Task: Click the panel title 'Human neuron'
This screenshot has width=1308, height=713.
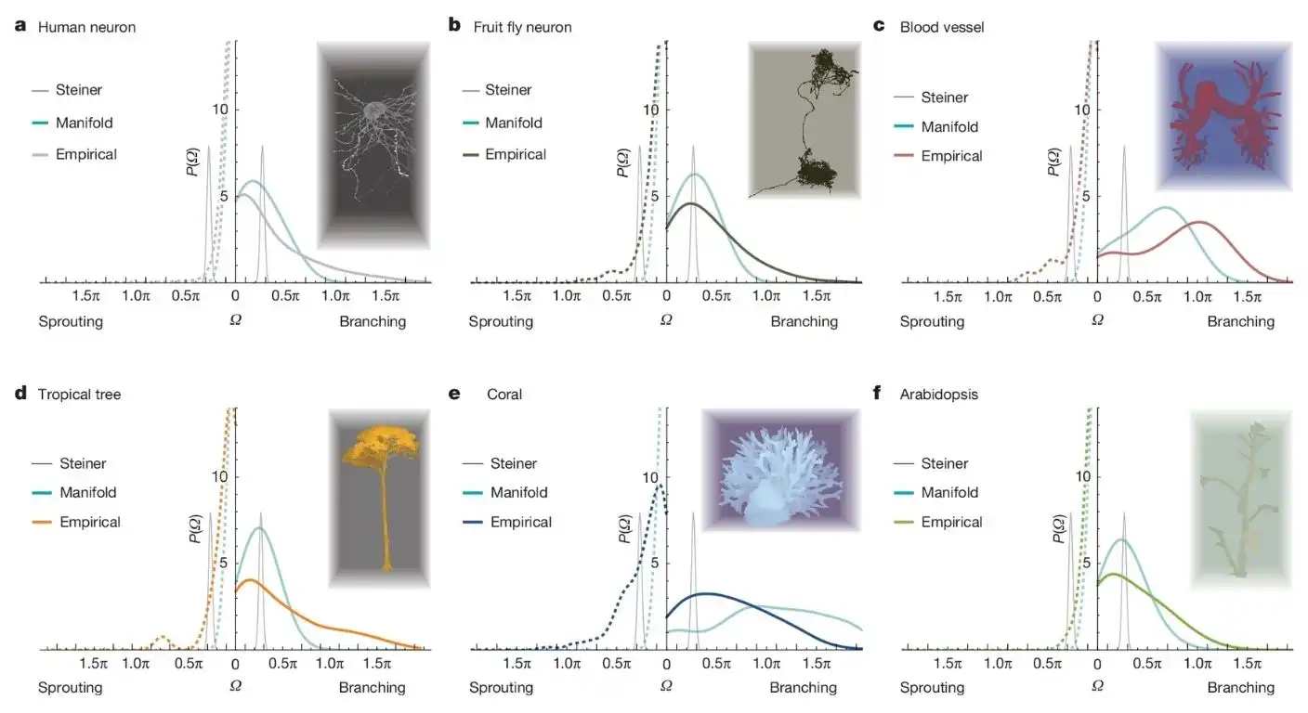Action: pyautogui.click(x=86, y=27)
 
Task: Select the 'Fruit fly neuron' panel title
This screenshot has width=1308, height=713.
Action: pyautogui.click(x=522, y=27)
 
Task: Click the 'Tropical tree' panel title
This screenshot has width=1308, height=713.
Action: pyautogui.click(x=80, y=395)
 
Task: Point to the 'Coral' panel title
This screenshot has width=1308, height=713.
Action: pyautogui.click(x=504, y=395)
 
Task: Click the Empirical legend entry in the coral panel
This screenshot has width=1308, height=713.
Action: pyautogui.click(x=521, y=523)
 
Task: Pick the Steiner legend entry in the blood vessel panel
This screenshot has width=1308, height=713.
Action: pyautogui.click(x=944, y=97)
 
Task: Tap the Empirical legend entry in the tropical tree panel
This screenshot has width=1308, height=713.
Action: pyautogui.click(x=90, y=523)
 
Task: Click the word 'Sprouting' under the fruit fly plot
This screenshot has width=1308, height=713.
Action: pyautogui.click(x=501, y=322)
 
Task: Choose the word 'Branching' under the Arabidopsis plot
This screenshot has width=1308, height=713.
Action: pyautogui.click(x=1241, y=688)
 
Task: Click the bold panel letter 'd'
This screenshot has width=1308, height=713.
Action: pyautogui.click(x=20, y=394)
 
